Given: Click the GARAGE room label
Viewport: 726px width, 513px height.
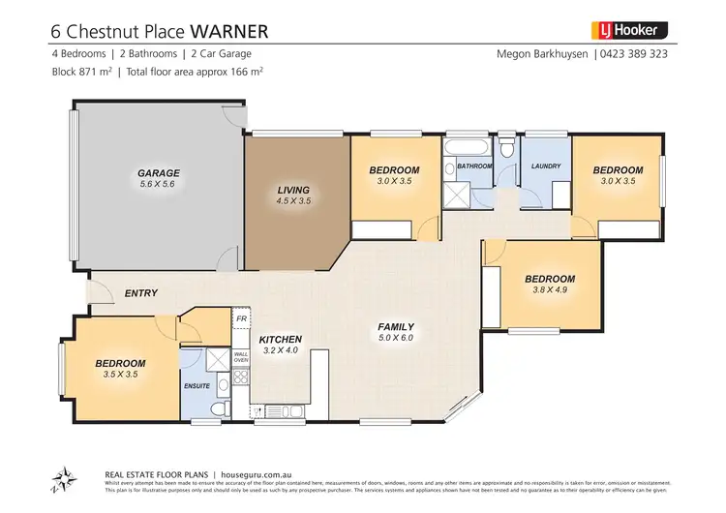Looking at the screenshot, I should pyautogui.click(x=159, y=174).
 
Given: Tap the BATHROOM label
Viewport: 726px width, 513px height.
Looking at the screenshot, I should pyautogui.click(x=474, y=166).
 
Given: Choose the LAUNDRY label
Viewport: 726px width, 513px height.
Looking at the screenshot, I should pyautogui.click(x=546, y=166).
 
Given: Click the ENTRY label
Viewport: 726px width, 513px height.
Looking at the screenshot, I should pyautogui.click(x=141, y=292).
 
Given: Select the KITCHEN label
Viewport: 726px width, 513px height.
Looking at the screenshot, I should pyautogui.click(x=281, y=339).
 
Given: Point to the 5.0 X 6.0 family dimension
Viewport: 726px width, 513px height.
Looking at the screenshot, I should pyautogui.click(x=395, y=338).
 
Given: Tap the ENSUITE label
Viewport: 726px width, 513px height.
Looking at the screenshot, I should pyautogui.click(x=197, y=385).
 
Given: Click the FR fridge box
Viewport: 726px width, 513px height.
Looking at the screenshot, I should pyautogui.click(x=241, y=318).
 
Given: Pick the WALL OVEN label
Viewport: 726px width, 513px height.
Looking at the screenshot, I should pyautogui.click(x=241, y=358).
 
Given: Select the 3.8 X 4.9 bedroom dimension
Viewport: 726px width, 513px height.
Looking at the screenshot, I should pyautogui.click(x=550, y=289).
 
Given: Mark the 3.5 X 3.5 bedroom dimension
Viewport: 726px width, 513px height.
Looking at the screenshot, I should pyautogui.click(x=120, y=375).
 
